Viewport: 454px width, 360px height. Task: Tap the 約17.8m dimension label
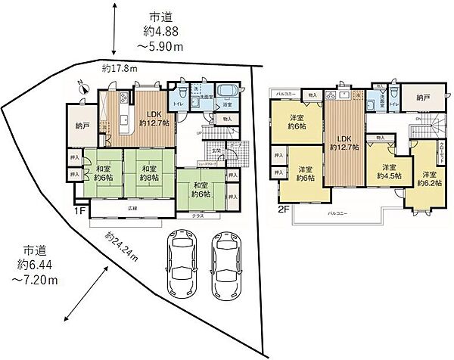(119, 70)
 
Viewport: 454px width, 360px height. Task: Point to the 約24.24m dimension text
(122, 248)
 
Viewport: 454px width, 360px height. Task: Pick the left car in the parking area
(182, 262)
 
